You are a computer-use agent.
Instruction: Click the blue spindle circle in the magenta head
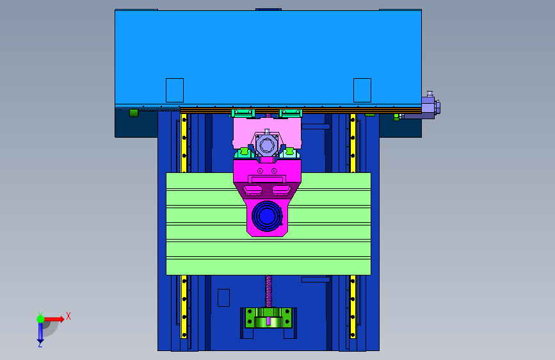click(267, 216)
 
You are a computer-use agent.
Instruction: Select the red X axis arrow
click(54, 319)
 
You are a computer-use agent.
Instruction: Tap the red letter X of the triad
click(68, 316)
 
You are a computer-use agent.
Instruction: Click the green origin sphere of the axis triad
click(40, 319)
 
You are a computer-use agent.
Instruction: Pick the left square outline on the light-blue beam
click(175, 90)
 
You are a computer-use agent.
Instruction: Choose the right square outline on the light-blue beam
click(362, 90)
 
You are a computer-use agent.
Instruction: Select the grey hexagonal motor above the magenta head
click(267, 145)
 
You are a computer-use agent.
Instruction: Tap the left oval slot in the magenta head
click(252, 190)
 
